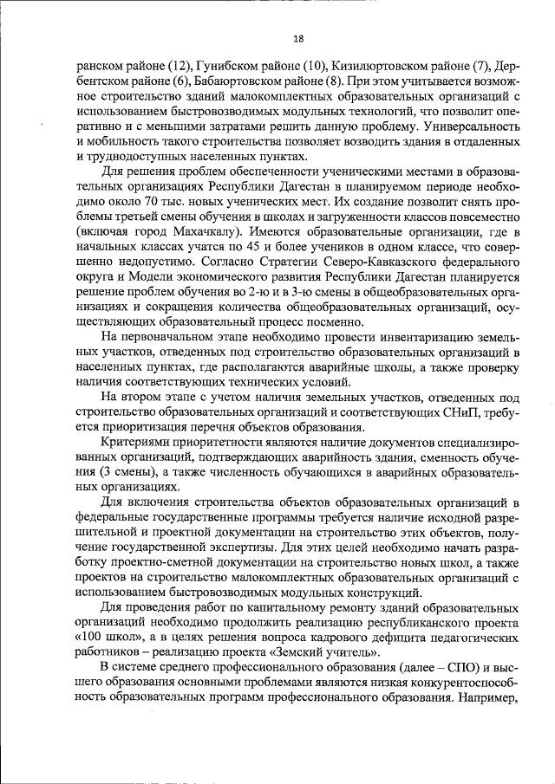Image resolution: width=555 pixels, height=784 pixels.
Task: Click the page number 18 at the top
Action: pyautogui.click(x=298, y=38)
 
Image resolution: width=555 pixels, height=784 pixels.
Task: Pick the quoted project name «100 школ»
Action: pyautogui.click(x=108, y=641)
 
